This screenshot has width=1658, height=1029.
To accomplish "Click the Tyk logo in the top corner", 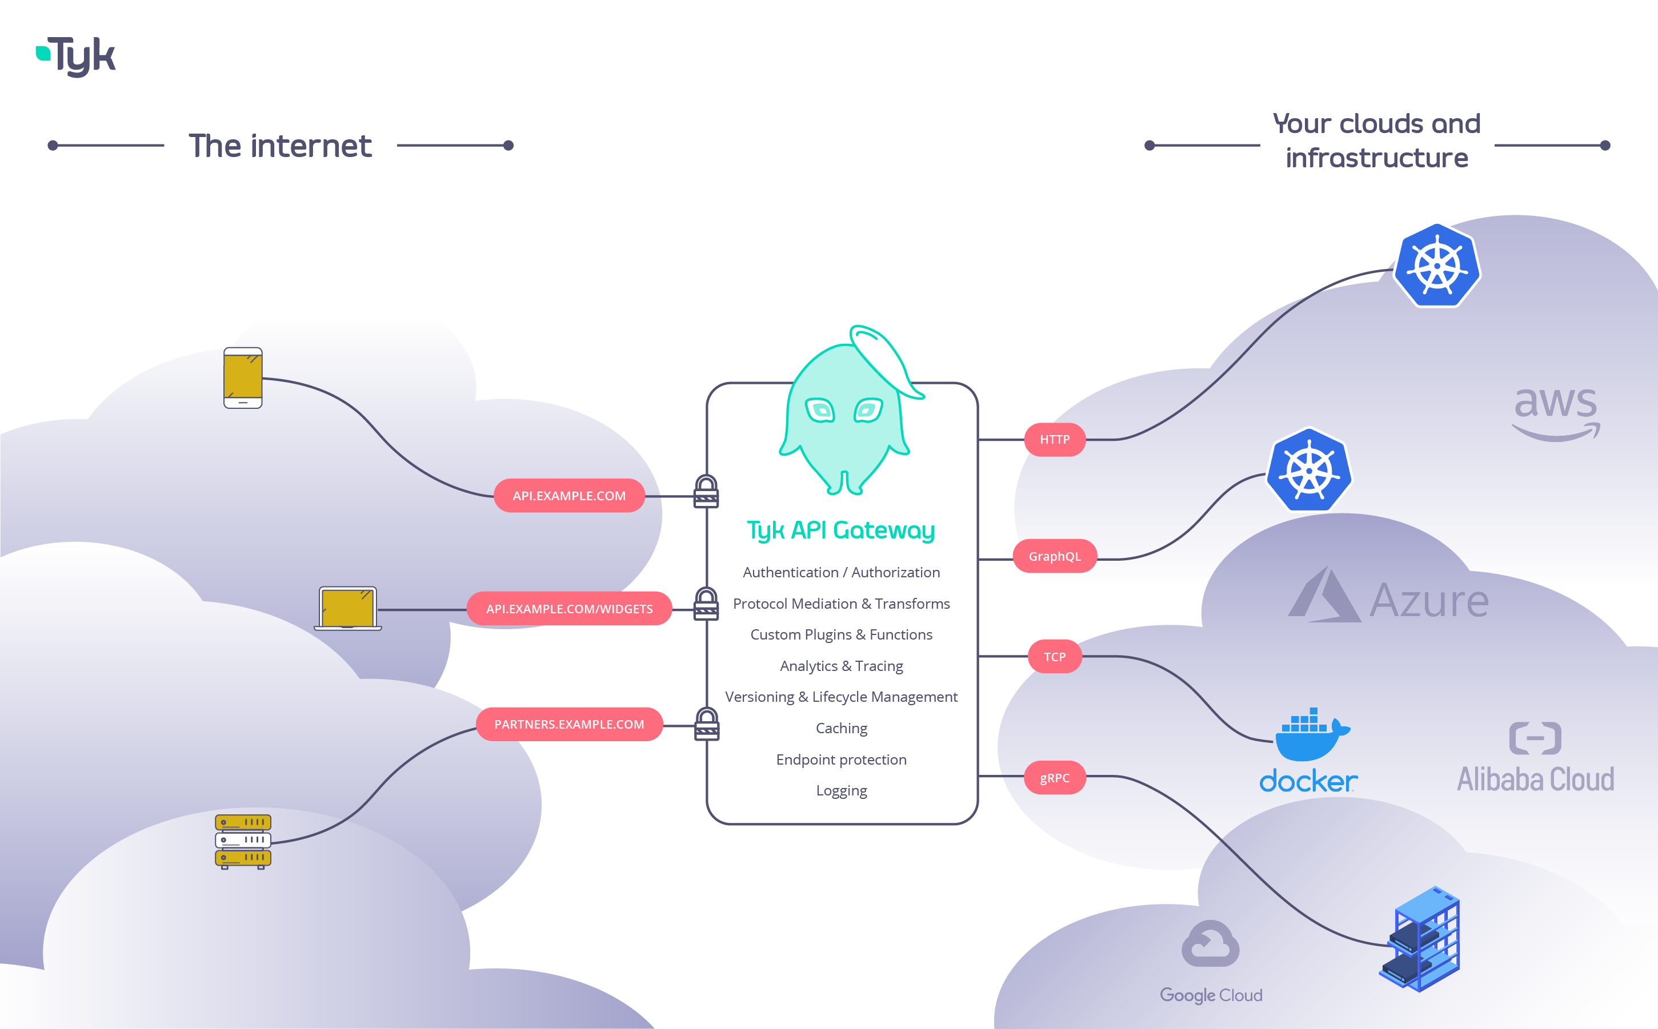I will click(76, 56).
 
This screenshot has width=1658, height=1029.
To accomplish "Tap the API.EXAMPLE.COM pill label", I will click(568, 496).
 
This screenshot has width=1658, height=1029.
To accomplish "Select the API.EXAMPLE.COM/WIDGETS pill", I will click(568, 608).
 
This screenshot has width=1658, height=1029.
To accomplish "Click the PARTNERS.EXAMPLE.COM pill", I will click(568, 724).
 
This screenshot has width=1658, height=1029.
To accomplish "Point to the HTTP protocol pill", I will click(1054, 440).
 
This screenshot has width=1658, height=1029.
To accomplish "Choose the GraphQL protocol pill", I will click(1054, 556).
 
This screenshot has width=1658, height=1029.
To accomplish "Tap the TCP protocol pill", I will click(1054, 657).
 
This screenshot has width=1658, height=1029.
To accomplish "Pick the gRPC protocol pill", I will click(1054, 778).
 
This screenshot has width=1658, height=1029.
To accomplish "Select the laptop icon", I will click(348, 608).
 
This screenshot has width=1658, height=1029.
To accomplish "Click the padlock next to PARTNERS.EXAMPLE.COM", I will click(707, 724).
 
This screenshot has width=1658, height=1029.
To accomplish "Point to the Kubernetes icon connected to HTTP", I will click(1437, 266).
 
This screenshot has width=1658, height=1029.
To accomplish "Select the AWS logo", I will click(1555, 412).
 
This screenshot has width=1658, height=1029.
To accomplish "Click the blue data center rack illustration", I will click(1421, 939).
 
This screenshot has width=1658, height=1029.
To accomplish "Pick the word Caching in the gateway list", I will click(841, 728).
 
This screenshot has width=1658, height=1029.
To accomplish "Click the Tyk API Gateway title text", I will click(841, 530).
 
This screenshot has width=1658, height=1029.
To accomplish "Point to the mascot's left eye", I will click(820, 411).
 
